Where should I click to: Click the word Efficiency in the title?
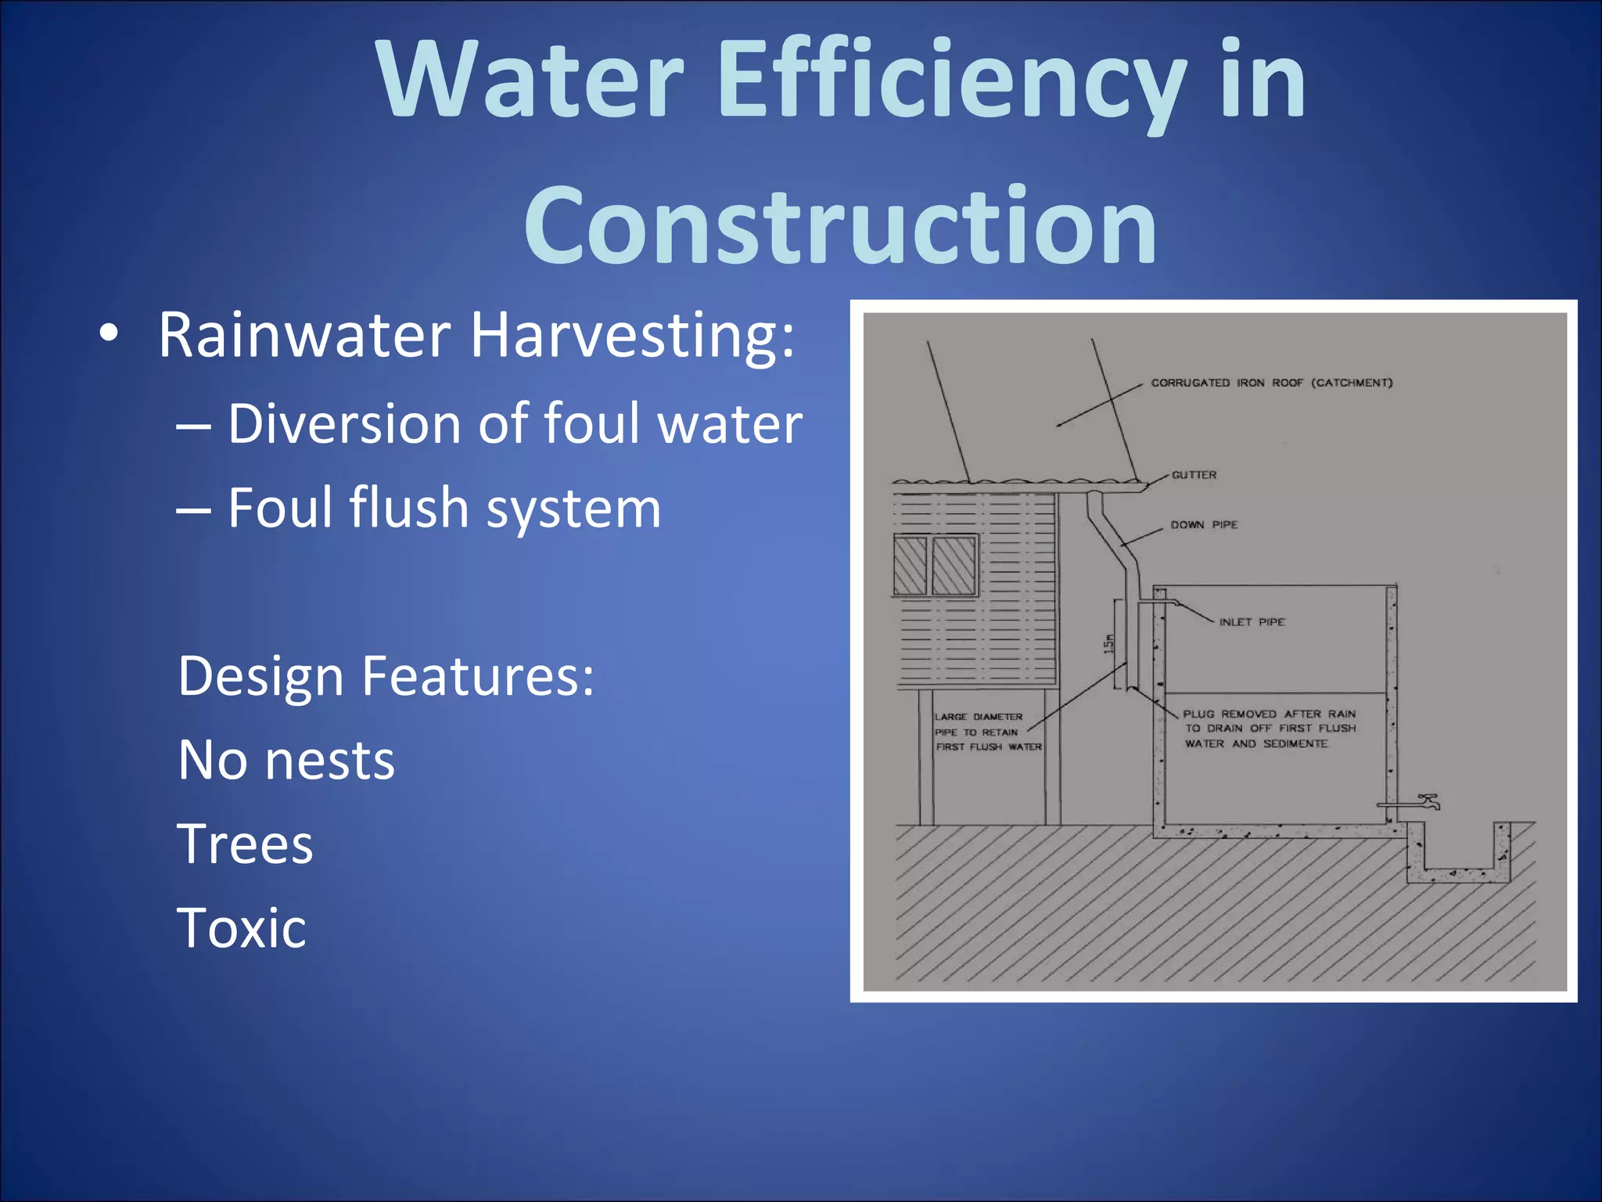point(950,82)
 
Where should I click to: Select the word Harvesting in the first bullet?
point(632,336)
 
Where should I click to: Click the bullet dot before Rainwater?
point(110,335)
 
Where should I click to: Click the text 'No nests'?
point(286,761)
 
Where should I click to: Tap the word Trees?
point(246,844)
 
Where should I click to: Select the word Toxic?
point(242,928)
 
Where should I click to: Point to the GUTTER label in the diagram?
point(1194,475)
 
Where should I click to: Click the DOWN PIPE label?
point(1204,525)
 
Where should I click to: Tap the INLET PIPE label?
point(1252,622)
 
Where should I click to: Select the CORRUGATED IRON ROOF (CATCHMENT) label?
point(1271,383)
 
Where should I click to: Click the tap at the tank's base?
point(1428,801)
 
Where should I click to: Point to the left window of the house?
point(910,566)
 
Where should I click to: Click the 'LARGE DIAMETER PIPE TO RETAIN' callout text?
point(979,725)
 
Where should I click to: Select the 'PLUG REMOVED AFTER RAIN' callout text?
point(1269,714)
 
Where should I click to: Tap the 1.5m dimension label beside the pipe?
point(1108,644)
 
